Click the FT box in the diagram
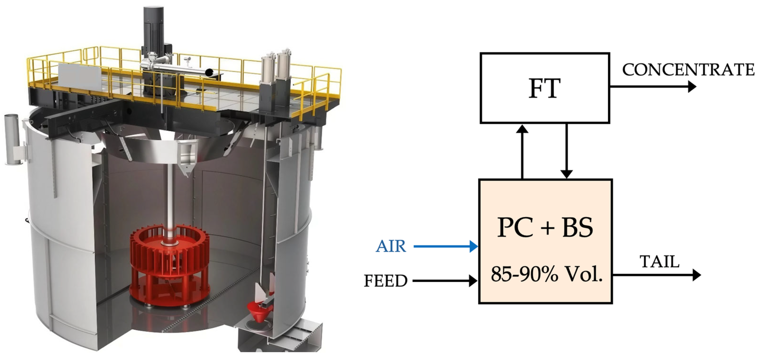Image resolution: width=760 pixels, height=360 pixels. pos(545,88)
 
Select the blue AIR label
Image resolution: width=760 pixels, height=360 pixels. pos(391,246)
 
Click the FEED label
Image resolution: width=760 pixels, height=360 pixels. pos(385,281)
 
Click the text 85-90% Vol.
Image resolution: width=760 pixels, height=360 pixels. pos(546,274)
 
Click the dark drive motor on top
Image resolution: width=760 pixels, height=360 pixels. pos(153,27)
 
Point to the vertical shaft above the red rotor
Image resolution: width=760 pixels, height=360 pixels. pos(170,201)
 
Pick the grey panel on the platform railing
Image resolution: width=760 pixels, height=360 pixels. pos(80,75)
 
